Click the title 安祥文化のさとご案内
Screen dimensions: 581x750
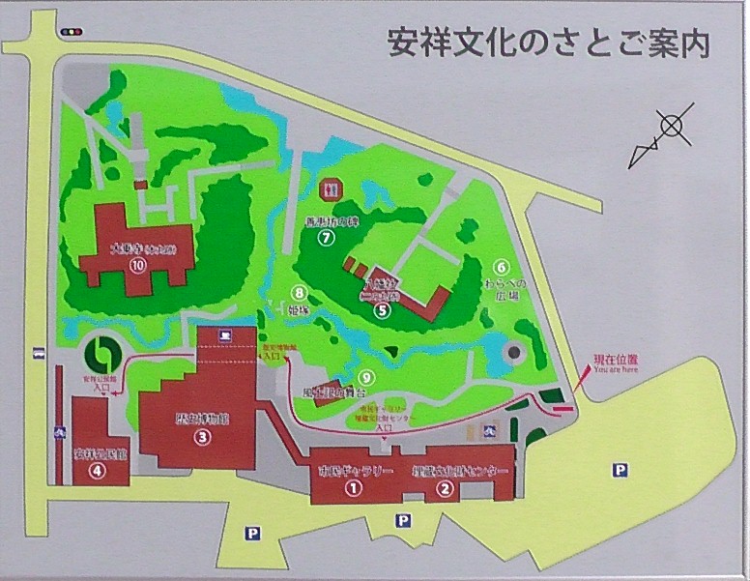coord(548,44)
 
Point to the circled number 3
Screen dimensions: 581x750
coord(202,437)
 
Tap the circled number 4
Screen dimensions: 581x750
coord(97,472)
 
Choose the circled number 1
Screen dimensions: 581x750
coord(354,489)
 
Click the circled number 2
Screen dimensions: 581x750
coord(445,489)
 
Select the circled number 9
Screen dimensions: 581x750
coord(365,377)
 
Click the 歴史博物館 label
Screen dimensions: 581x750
coord(202,418)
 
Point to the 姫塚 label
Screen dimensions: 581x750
coord(300,311)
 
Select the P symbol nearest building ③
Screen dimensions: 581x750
coord(253,533)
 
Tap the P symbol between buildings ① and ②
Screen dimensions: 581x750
coord(403,520)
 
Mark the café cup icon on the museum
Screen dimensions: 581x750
coord(223,336)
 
